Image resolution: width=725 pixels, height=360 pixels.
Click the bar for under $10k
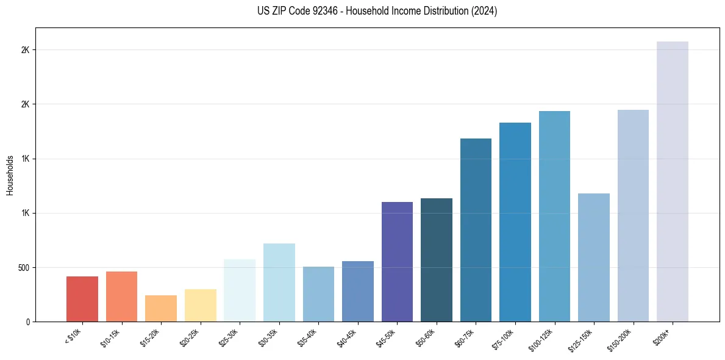82,299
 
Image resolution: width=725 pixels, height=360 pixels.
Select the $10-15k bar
121,297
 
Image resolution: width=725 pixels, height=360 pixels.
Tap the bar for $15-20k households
161,308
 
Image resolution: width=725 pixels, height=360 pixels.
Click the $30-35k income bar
279,283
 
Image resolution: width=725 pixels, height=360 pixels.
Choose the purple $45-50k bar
397,262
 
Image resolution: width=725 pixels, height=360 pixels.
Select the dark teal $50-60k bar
437,260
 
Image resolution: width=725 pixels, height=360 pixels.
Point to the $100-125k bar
554,216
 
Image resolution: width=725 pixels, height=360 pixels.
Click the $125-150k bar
594,257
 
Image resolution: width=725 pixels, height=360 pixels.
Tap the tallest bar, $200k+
673,181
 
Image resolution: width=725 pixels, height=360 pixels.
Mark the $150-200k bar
633,215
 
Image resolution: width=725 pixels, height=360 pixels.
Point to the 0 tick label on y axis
27,322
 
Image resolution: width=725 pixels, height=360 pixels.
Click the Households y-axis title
10,176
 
